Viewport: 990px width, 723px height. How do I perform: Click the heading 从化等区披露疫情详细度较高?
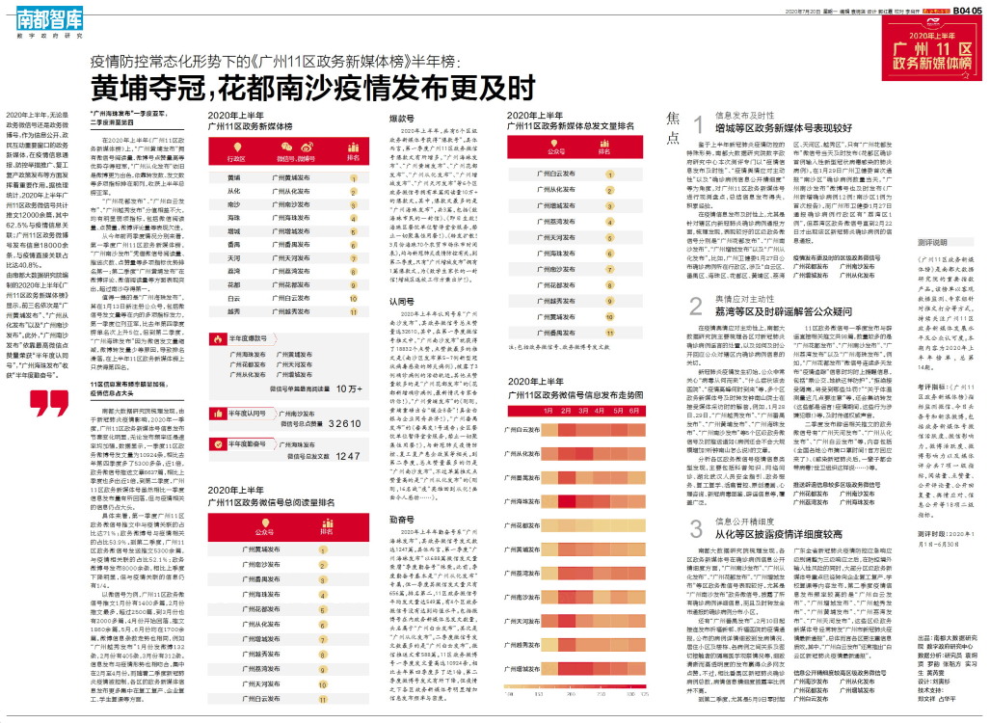pos(765,532)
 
